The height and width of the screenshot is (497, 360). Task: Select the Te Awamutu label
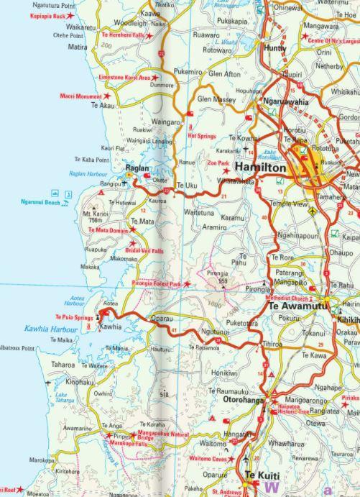click(297, 306)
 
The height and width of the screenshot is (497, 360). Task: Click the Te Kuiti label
click(262, 476)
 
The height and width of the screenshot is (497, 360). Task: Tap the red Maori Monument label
click(80, 96)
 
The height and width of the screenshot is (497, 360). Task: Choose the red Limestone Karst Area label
click(124, 77)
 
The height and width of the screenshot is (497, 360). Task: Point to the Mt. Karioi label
click(96, 214)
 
